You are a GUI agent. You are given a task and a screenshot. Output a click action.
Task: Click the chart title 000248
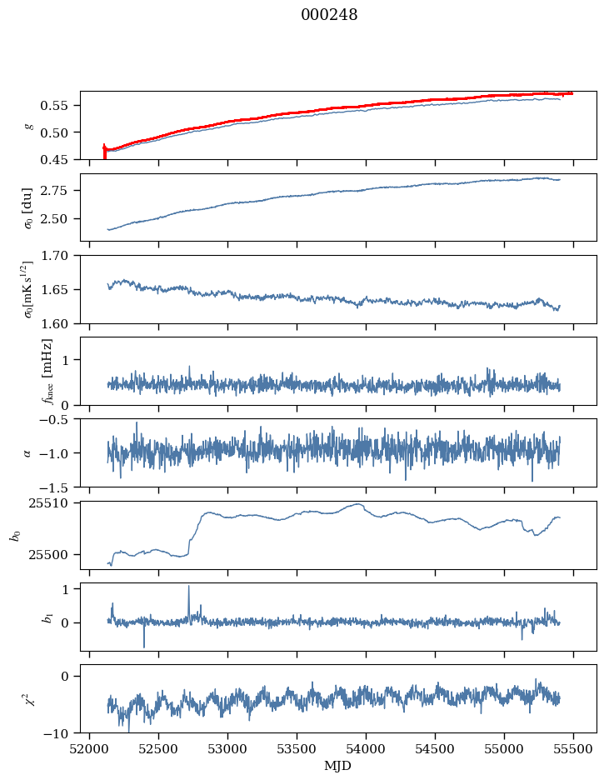coord(329,15)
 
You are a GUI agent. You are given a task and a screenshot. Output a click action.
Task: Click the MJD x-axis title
coord(338,766)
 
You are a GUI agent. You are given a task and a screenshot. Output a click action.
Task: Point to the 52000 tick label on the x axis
coord(90,749)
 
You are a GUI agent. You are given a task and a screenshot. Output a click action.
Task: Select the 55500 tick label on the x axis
coord(573,749)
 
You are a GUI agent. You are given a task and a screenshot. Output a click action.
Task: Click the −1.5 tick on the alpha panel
coord(58,487)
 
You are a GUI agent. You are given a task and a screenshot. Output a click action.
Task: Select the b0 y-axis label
coord(15,534)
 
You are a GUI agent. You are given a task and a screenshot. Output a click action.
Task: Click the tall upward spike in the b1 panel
coord(188,587)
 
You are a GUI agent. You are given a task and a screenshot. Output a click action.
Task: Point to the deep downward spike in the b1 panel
coord(144,646)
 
